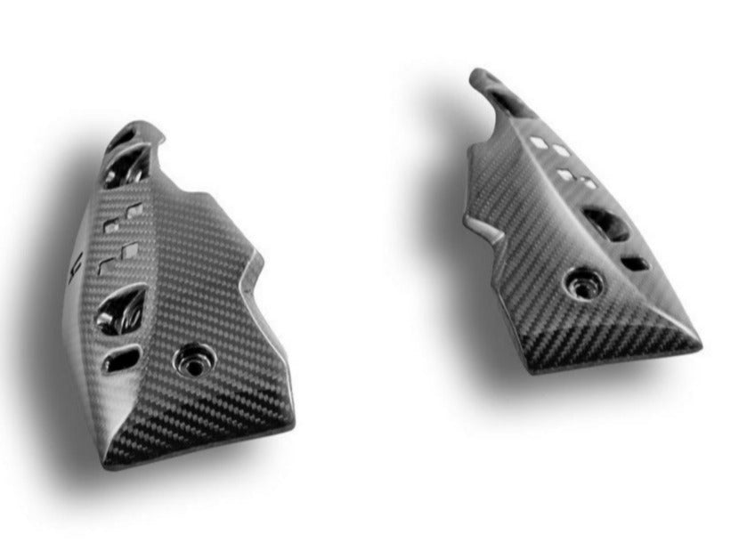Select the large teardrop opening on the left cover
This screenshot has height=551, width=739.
pyautogui.click(x=122, y=308)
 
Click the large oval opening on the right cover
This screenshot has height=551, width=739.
pyautogui.click(x=605, y=224)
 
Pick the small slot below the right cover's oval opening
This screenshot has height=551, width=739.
pyautogui.click(x=634, y=263)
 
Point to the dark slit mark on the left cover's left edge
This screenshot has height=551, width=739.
pyautogui.click(x=77, y=263)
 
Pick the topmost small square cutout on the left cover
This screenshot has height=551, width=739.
pyautogui.click(x=136, y=210)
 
